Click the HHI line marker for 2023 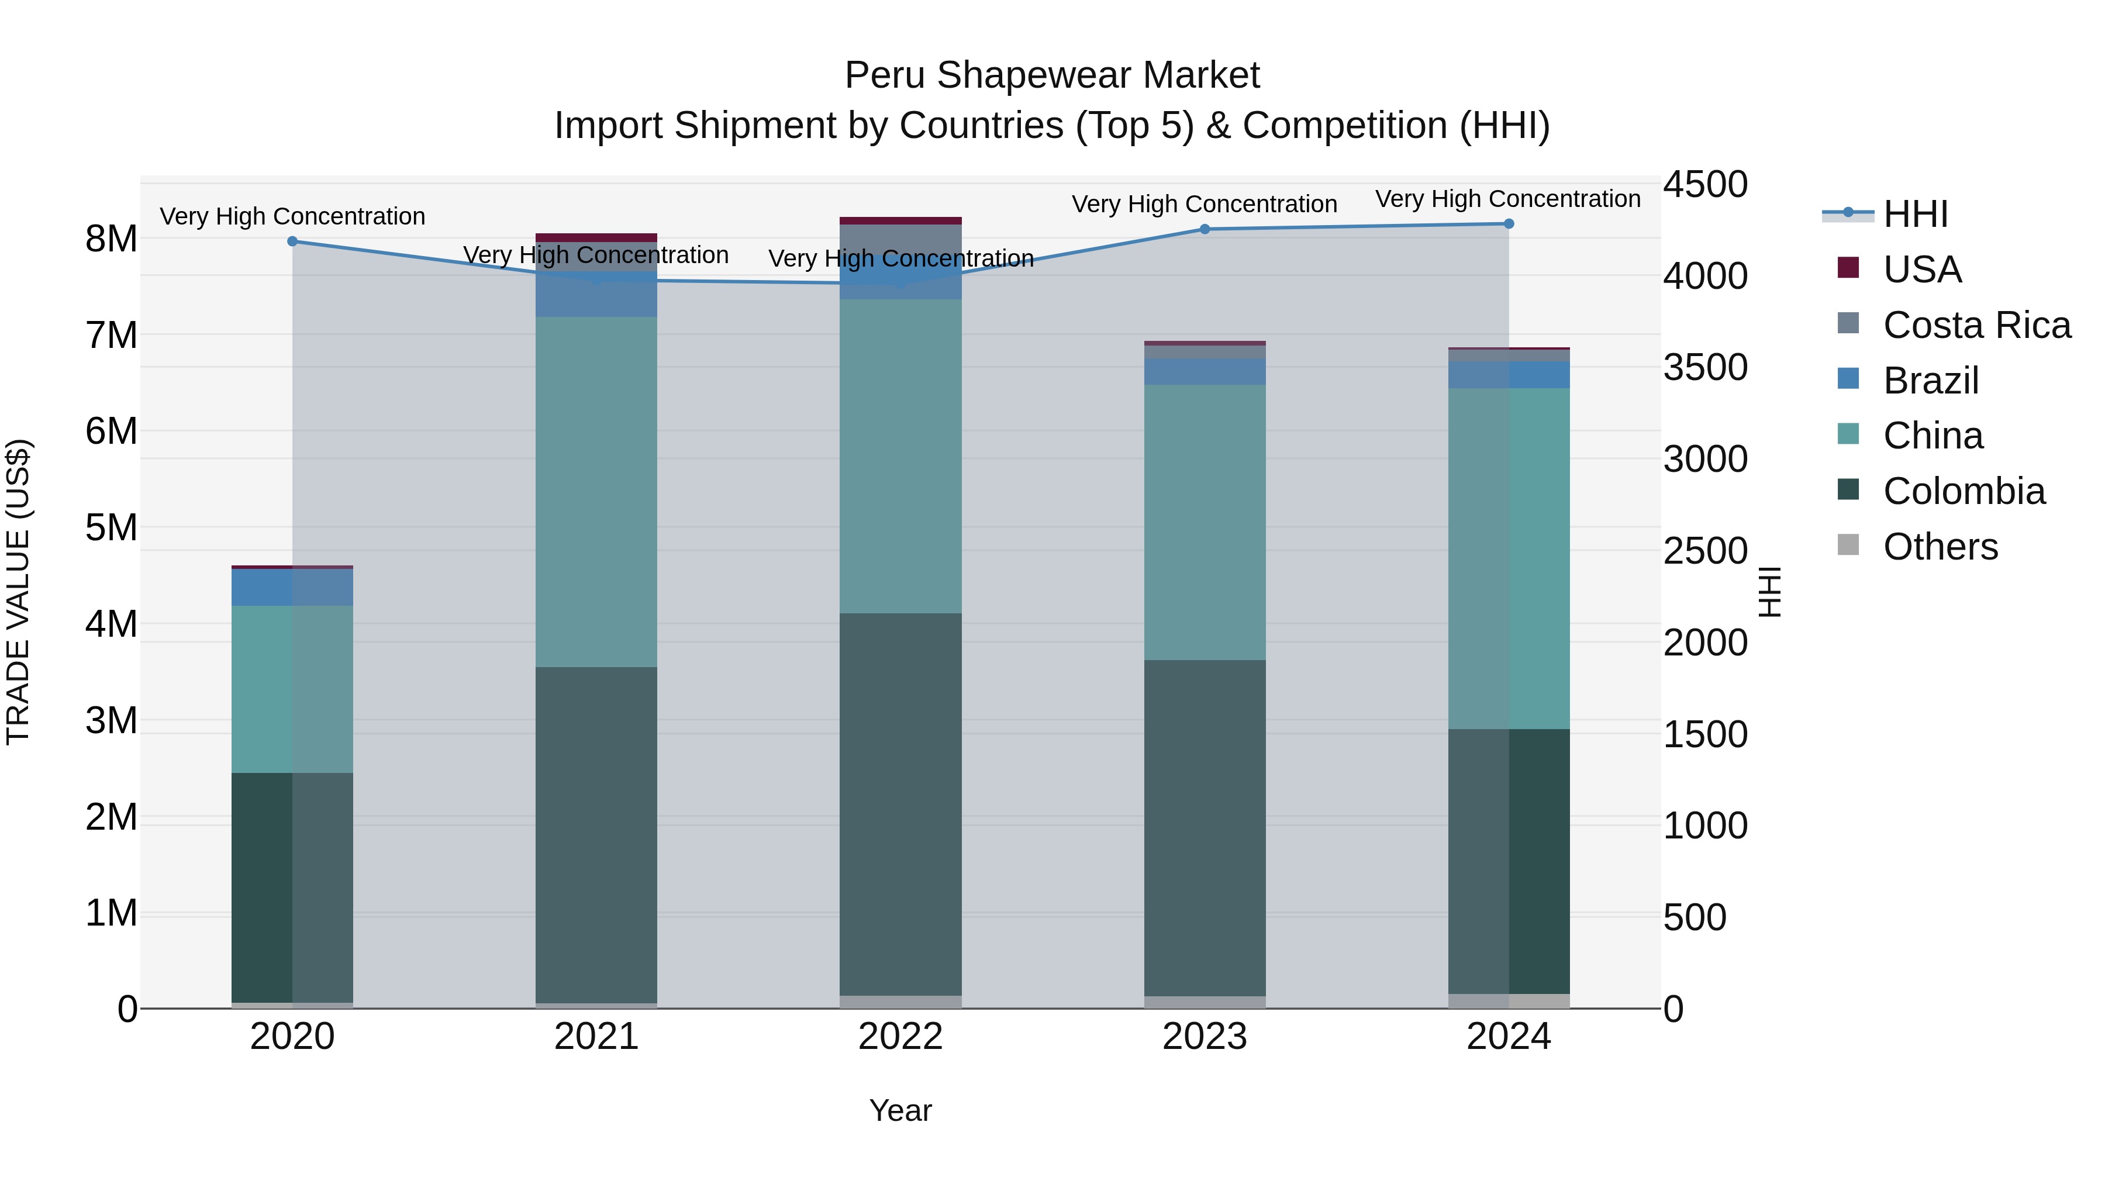tap(1205, 230)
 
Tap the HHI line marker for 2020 tap(292, 241)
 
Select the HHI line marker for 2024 tap(1509, 224)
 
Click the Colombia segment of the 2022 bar tap(900, 805)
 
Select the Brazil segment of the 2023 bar tap(1205, 372)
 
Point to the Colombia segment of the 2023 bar tap(1205, 828)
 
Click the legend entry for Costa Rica tap(1976, 325)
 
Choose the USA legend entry tap(1921, 270)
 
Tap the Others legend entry tap(1940, 547)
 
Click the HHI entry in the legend tap(1914, 214)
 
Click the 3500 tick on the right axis tap(1706, 368)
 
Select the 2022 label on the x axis tap(900, 1037)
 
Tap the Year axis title tap(900, 1110)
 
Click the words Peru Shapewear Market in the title tap(1052, 75)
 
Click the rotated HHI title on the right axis tap(1770, 592)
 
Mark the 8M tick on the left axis tap(111, 239)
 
